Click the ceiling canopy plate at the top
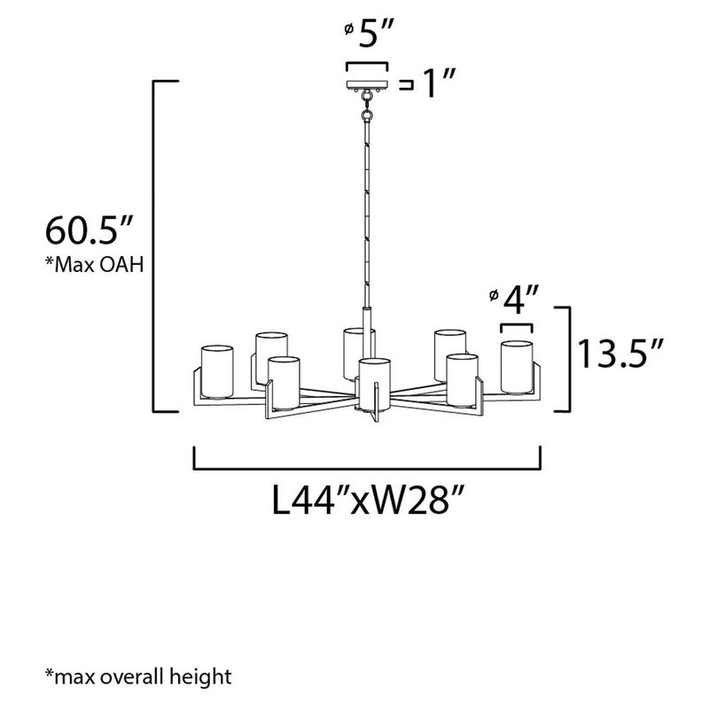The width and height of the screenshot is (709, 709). tap(367, 86)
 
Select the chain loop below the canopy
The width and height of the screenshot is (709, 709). tap(367, 111)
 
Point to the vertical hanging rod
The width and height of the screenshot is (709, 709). tap(367, 213)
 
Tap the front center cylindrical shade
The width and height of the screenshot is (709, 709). tap(373, 383)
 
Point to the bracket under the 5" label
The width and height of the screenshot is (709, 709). tap(367, 66)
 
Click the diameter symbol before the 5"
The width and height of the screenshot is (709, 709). tap(349, 29)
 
